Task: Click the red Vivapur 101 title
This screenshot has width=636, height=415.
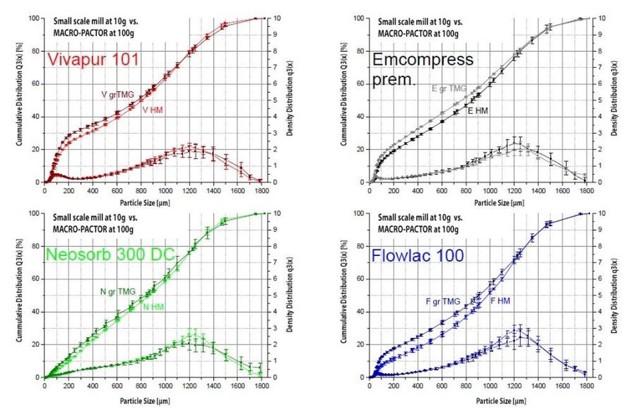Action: click(x=94, y=60)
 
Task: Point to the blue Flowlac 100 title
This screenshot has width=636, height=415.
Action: click(x=418, y=256)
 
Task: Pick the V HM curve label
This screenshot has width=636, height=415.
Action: click(x=153, y=111)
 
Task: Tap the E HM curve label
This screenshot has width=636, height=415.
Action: click(x=478, y=111)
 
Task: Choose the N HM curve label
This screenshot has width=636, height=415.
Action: click(x=153, y=306)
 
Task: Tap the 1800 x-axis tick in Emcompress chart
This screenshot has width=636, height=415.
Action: click(x=586, y=190)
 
